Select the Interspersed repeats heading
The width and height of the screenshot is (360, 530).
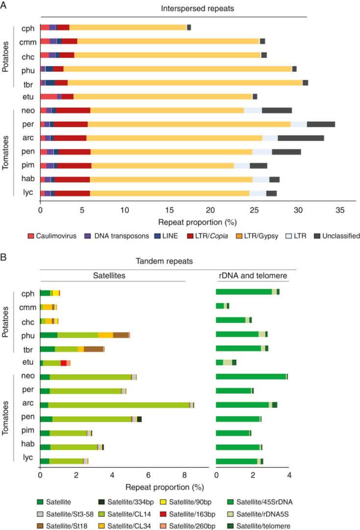[x=173, y=9]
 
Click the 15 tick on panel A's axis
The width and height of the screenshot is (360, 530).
[x=168, y=210]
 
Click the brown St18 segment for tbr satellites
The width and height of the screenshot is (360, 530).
[x=94, y=349]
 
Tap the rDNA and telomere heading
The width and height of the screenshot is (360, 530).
[x=252, y=276]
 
